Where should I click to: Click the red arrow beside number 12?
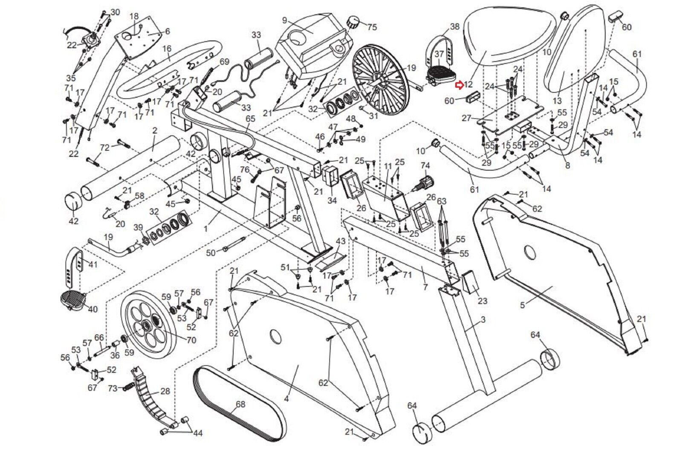pos(459,86)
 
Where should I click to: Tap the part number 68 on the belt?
pos(240,404)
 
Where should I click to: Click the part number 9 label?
pos(285,20)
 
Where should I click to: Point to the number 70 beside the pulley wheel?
pos(191,340)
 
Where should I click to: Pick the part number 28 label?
pos(165,391)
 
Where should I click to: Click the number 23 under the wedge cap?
pos(482,301)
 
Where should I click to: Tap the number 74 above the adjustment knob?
pos(425,166)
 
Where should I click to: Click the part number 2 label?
pos(155,131)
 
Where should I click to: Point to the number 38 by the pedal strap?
pos(454,26)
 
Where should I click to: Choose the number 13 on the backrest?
pos(557,101)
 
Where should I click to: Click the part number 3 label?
pos(483,319)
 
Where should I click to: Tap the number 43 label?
pos(341,241)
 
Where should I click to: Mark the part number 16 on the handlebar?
pos(167,49)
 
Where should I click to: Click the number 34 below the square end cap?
pos(332,201)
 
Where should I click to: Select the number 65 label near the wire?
pos(250,118)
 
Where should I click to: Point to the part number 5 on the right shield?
pos(523,305)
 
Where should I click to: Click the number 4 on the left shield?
pos(286,399)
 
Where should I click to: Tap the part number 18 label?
pos(134,16)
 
